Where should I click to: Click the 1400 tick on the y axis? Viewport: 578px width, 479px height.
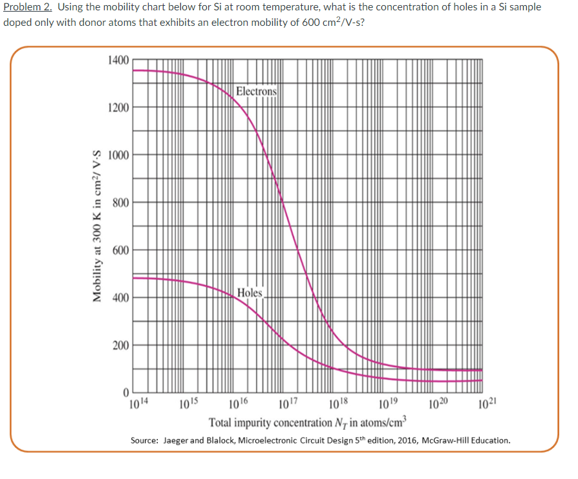point(119,60)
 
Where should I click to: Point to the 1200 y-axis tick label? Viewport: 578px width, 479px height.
point(119,107)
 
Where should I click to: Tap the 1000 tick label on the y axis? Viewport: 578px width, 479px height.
point(119,155)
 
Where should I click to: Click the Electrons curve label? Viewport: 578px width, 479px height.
point(256,91)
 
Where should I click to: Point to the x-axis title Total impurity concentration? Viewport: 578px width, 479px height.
point(307,423)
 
